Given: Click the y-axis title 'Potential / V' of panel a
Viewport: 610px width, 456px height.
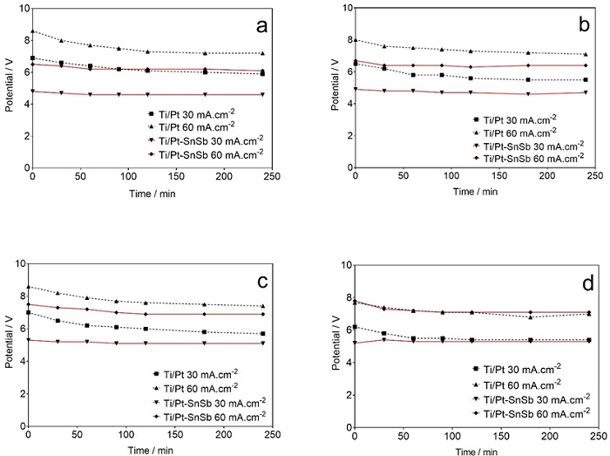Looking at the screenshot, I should coord(9,88).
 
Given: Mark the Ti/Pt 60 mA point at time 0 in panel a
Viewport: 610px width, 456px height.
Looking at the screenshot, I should coord(32,31).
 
